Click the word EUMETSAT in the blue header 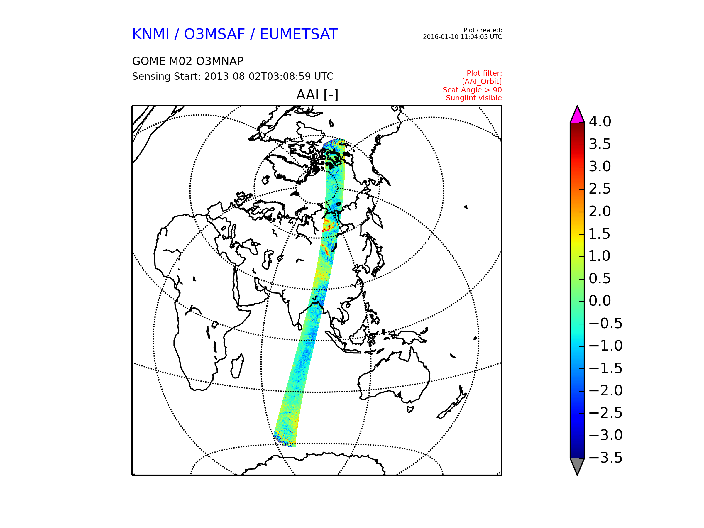pyautogui.click(x=299, y=34)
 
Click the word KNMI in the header pyautogui.click(x=150, y=34)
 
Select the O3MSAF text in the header pyautogui.click(x=214, y=34)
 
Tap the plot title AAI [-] pyautogui.click(x=317, y=95)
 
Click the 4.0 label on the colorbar pyautogui.click(x=600, y=121)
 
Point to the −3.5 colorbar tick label pyautogui.click(x=606, y=458)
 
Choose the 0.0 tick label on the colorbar pyautogui.click(x=600, y=301)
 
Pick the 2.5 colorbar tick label pyautogui.click(x=600, y=189)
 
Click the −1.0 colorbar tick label pyautogui.click(x=606, y=346)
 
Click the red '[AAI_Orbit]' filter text pyautogui.click(x=482, y=82)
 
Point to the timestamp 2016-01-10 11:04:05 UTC pyautogui.click(x=462, y=37)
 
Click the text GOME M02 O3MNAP pyautogui.click(x=188, y=61)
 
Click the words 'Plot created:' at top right pyautogui.click(x=483, y=30)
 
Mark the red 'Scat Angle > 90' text pyautogui.click(x=472, y=90)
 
